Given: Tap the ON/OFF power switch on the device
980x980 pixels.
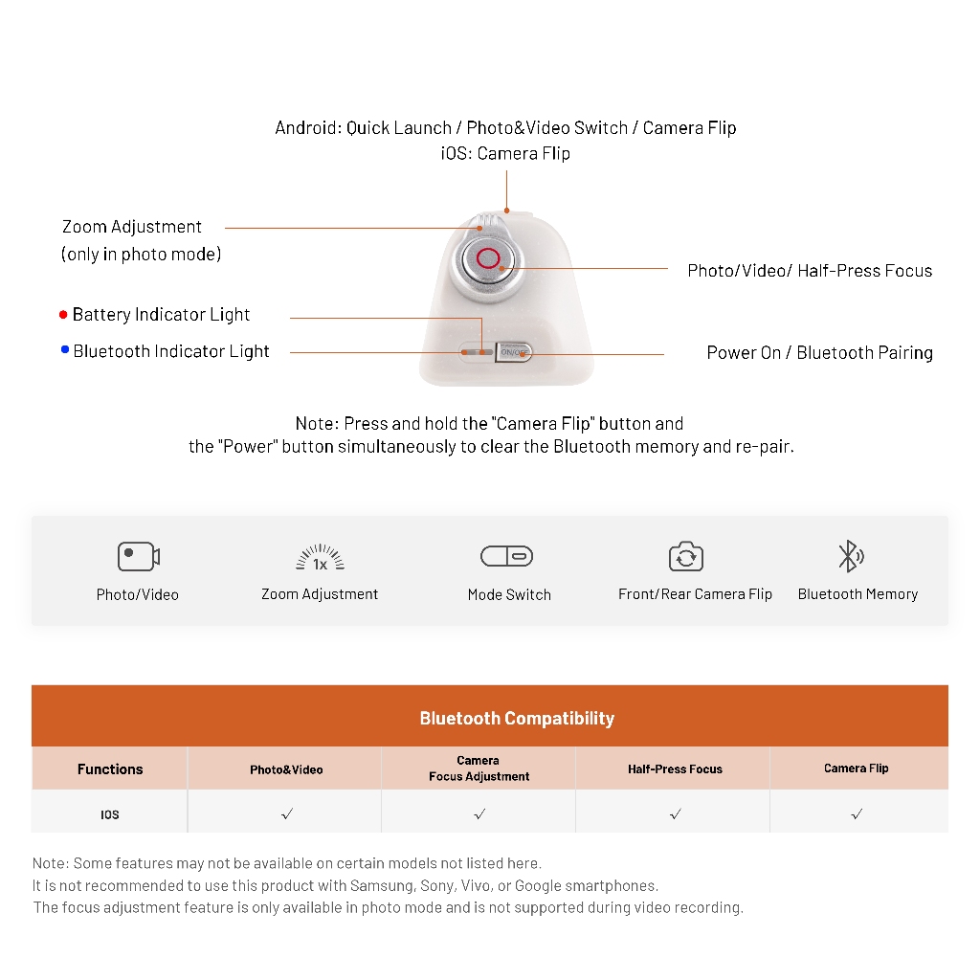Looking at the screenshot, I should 513,352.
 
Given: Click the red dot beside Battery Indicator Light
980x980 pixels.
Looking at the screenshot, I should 63,314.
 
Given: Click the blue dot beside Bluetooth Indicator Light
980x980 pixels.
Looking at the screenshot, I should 65,350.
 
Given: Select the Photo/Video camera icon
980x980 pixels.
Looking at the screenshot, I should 138,556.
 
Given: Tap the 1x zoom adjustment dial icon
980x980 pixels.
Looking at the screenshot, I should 320,558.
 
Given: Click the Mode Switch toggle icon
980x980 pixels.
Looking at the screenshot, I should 506,556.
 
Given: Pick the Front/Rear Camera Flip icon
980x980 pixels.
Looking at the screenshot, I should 685,556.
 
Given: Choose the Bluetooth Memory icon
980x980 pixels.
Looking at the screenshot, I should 850,556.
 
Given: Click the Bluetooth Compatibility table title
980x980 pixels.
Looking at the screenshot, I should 517,718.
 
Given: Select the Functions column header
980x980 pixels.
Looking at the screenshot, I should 110,768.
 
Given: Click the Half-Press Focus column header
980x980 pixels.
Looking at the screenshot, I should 675,768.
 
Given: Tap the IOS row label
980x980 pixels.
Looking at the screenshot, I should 110,814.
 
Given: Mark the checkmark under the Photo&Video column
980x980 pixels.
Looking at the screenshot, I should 287,813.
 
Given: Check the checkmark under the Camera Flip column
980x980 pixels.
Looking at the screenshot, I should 857,813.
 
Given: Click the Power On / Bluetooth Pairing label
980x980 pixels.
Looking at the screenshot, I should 819,352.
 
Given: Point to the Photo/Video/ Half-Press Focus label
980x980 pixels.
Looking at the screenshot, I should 810,271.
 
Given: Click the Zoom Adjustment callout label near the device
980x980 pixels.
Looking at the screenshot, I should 132,227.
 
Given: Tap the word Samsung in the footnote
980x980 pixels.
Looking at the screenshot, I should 383,885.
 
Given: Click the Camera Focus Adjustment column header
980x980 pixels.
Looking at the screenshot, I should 479,768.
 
